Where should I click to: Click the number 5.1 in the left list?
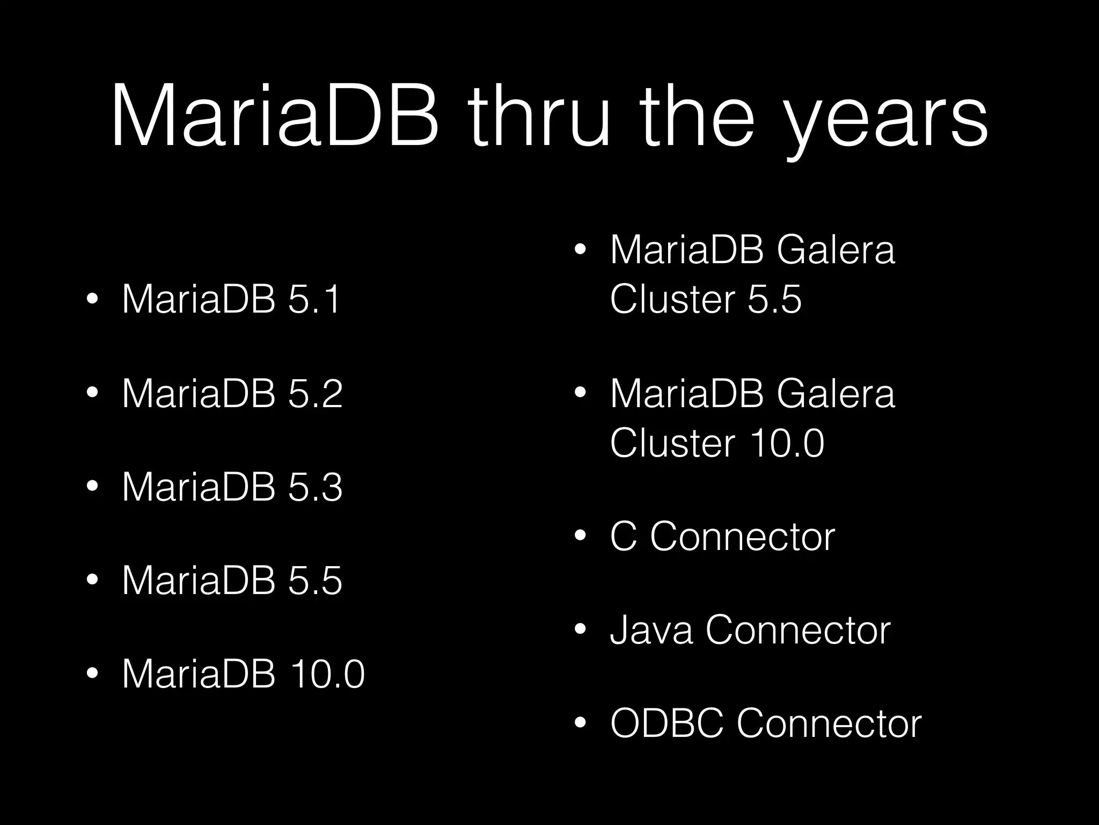(x=314, y=299)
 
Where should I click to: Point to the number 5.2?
(x=315, y=393)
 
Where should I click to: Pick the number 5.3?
(x=315, y=487)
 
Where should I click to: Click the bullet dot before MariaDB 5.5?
(x=92, y=581)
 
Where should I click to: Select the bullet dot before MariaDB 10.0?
(x=92, y=674)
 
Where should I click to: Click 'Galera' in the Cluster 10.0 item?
(x=836, y=393)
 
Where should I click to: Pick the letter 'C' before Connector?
(x=624, y=536)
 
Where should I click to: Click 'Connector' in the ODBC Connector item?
(x=829, y=723)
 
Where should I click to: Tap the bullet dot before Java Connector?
(x=580, y=629)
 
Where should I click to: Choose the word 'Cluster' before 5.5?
(x=672, y=299)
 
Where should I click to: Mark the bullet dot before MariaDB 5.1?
(x=92, y=299)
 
